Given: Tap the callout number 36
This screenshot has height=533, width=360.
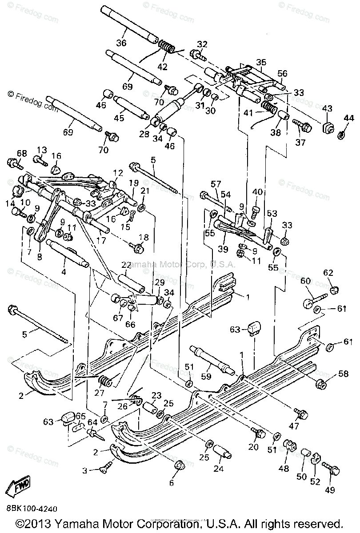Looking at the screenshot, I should click(x=121, y=43).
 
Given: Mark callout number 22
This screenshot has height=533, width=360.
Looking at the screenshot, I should click(x=126, y=265).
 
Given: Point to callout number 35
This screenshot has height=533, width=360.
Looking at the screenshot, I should click(x=261, y=62).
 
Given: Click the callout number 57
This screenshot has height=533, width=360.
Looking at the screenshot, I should click(x=216, y=183).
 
